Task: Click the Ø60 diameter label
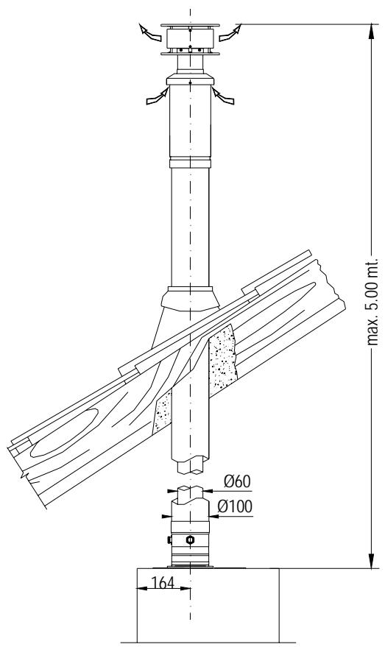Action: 237,481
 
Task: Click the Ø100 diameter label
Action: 235,506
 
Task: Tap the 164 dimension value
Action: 163,583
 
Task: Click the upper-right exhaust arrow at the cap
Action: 230,33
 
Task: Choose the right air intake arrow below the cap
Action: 223,96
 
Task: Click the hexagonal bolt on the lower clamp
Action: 190,540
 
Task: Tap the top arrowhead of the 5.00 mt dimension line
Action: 372,32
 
